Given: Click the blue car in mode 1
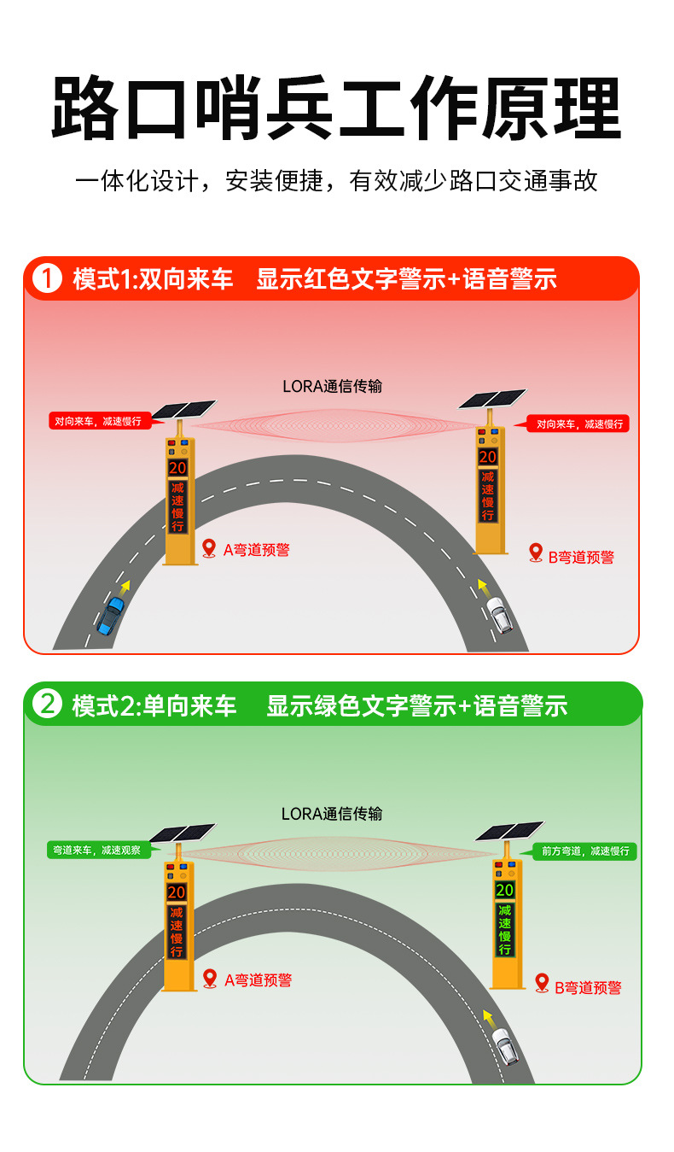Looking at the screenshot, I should point(111,616).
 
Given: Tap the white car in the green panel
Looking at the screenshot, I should point(506,1047).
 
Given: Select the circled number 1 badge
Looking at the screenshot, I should point(47,279).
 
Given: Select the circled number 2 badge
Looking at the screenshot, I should point(47,705).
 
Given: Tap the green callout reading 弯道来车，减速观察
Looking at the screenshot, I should point(99,850).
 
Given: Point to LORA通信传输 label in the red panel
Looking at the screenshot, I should point(332,386).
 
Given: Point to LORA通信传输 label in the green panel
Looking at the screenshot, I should point(332,814).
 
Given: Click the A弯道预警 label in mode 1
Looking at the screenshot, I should point(256,550).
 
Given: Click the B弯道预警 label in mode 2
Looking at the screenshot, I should point(588,988).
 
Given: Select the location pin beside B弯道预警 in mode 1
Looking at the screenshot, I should point(536,553).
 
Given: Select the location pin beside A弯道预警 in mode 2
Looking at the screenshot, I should point(210,978).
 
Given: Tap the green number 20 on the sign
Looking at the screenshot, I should point(505,890).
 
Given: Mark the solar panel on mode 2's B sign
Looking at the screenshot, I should point(509,830).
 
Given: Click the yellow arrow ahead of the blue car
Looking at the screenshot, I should point(126,587).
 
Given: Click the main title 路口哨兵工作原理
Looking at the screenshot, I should point(336,108).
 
